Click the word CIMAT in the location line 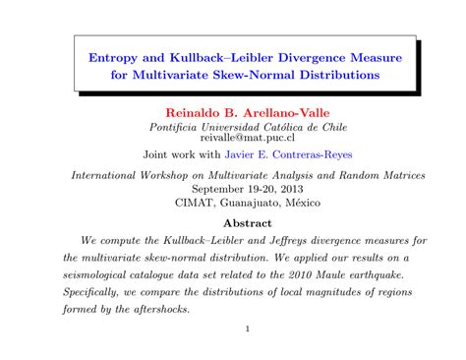tap(198, 203)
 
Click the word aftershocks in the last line tap(154, 310)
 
